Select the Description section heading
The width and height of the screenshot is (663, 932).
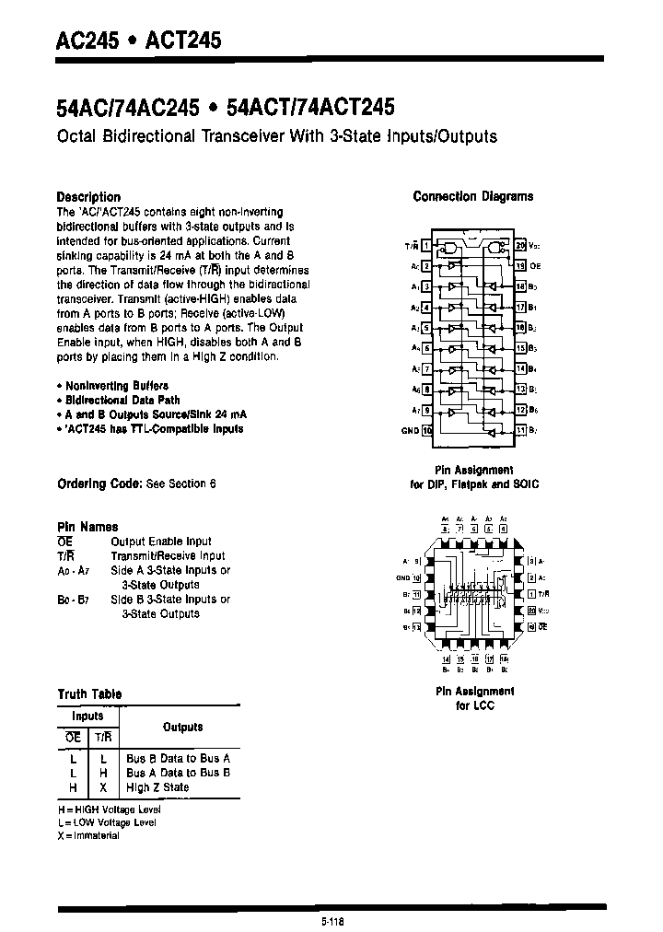[88, 196]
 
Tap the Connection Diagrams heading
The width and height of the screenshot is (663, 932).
[472, 196]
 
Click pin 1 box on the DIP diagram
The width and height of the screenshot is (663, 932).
[425, 247]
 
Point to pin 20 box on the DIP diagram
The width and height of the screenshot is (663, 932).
[520, 246]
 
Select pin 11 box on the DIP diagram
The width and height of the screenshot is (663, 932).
[520, 430]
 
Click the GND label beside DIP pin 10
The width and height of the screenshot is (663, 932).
[410, 430]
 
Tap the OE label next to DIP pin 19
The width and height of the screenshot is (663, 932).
[534, 265]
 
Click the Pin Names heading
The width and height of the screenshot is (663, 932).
[87, 527]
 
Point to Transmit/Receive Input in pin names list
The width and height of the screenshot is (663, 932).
[168, 555]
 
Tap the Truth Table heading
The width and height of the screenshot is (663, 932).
[89, 693]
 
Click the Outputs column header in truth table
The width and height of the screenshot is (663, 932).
[182, 728]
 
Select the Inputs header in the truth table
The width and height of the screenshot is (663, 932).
[88, 716]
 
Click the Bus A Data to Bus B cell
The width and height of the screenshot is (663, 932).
[178, 773]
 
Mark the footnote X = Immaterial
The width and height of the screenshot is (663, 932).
[88, 835]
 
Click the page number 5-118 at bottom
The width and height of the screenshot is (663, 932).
[332, 919]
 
